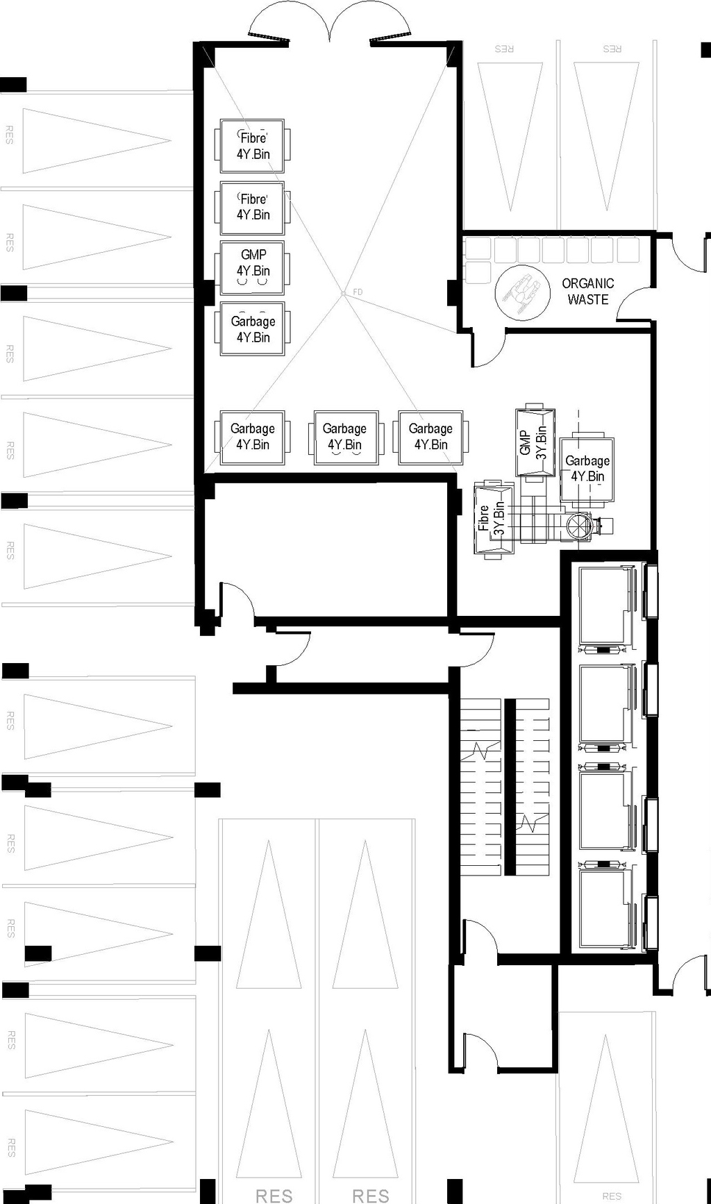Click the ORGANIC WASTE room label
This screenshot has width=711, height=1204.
tap(587, 292)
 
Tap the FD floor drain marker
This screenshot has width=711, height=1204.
tap(344, 294)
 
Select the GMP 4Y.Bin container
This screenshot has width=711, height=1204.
tap(252, 267)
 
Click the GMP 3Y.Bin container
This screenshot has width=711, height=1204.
tap(535, 442)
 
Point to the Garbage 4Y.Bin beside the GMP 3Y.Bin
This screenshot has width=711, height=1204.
tap(587, 469)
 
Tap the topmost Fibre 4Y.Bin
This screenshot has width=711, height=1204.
tap(252, 147)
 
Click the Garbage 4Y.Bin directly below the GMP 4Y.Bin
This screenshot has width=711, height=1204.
tap(252, 329)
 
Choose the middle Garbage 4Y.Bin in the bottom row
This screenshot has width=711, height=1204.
tap(345, 437)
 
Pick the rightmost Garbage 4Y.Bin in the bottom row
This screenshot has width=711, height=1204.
tap(430, 437)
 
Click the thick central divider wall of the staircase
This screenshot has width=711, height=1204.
tap(510, 786)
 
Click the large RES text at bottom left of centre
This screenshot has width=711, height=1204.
tap(274, 1196)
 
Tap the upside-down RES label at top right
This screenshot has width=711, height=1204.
tap(504, 49)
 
